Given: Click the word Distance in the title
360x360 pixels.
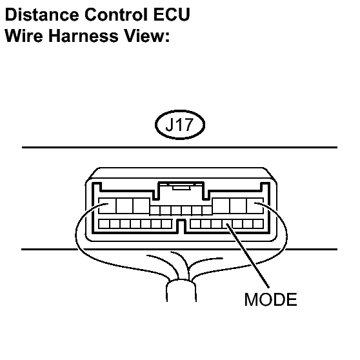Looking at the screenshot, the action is pos(42,14).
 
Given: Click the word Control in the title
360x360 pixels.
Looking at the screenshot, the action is pos(116,14).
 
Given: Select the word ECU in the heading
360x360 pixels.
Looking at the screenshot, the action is pos(172,14).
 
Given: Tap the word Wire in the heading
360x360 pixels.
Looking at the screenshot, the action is pos(24,36).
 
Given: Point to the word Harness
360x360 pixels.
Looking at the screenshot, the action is pos(83,36).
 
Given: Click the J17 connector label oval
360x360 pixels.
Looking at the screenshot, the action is pos(180,125).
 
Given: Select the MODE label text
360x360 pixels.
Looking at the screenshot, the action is pos(271,299).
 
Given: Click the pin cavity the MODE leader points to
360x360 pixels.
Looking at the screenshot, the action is pos(227,224).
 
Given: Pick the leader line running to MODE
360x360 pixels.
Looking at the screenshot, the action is pos(248,255).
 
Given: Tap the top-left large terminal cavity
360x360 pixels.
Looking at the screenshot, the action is pos(107,206).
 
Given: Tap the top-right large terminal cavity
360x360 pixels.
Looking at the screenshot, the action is pos(255,206).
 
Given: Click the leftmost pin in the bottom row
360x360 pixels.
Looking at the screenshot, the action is pos(104,224).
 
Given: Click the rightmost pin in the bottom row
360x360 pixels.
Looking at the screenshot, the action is pos(258,224).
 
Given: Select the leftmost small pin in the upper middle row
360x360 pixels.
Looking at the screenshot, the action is pos(155,210).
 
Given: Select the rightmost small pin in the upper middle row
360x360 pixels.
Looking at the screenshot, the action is pos(207,210).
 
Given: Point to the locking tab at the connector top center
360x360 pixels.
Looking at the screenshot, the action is pos(181,187).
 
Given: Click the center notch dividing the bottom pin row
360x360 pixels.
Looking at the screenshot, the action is pos(181,226).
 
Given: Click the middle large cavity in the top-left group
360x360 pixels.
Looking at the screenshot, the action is pos(125,206).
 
